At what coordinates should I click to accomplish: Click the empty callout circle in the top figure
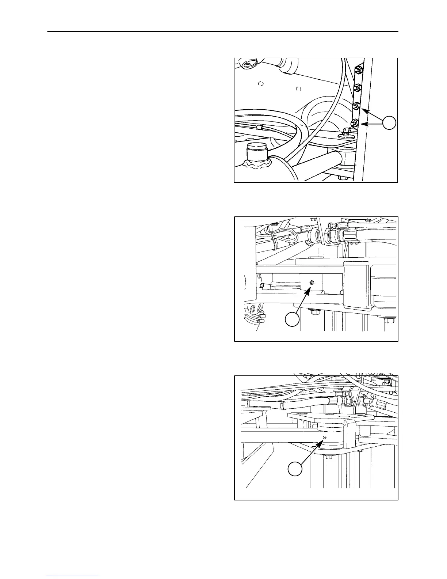tap(390, 123)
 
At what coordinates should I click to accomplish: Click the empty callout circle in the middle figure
tap(292, 319)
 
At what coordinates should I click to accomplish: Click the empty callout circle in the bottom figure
tap(295, 469)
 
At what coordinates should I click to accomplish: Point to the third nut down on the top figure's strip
tap(356, 106)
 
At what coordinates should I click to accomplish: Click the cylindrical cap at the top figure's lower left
tap(257, 151)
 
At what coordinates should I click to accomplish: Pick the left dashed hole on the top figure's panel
tap(261, 84)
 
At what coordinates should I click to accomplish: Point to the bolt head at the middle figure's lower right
tap(390, 321)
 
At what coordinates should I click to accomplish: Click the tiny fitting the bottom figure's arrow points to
tap(325, 438)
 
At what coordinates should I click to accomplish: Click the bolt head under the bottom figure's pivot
tap(328, 457)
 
